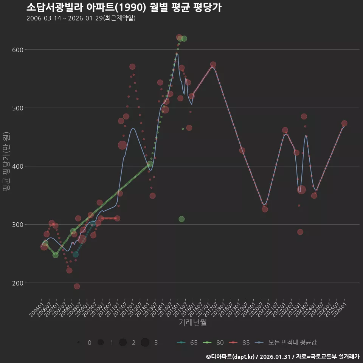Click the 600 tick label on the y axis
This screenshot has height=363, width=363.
coord(18,50)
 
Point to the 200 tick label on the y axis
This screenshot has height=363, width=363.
coord(18,283)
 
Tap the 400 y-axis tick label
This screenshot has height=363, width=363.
coord(18,166)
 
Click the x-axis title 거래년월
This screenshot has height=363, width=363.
coord(192,322)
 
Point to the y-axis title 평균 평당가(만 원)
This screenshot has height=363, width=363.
coord(6,161)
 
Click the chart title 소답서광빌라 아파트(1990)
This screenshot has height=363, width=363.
coord(86,7)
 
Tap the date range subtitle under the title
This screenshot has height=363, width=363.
coord(81,18)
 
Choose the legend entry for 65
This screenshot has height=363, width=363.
coord(187,343)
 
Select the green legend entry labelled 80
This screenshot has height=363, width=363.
coord(213,343)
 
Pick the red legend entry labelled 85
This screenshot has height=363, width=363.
coord(239,343)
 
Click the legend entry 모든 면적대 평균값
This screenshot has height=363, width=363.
coord(285,343)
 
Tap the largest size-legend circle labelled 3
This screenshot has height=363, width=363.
coord(145,342)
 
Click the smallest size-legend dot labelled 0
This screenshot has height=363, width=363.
coord(79,342)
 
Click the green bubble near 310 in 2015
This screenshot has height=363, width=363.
coord(181,219)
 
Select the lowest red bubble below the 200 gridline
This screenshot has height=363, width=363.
coord(77,286)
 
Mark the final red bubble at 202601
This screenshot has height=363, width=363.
coord(344,123)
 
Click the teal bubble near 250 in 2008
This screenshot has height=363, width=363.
coord(76,254)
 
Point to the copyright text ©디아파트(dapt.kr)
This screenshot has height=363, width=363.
coord(230,357)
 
